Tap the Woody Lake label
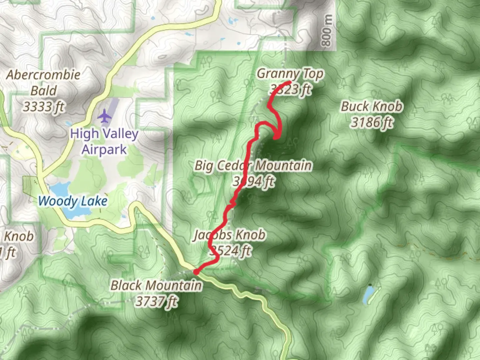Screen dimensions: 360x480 tap(73, 201)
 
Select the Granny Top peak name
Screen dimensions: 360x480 tap(290, 74)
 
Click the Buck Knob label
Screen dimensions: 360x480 tap(372, 107)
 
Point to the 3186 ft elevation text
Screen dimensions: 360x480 tap(372, 122)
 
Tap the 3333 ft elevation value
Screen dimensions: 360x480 tap(43, 107)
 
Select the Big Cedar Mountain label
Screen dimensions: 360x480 tap(253, 165)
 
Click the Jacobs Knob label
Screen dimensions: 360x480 tap(229, 235)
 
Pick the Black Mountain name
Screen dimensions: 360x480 tap(156, 285)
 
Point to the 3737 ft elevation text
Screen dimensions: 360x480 tap(156, 301)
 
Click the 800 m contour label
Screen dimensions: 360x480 tap(327, 31)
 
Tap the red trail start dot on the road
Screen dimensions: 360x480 tap(196, 272)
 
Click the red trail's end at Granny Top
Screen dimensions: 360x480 tap(289, 82)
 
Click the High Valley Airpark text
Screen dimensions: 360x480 tap(104, 141)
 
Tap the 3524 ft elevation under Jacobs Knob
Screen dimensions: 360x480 tap(230, 251)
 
